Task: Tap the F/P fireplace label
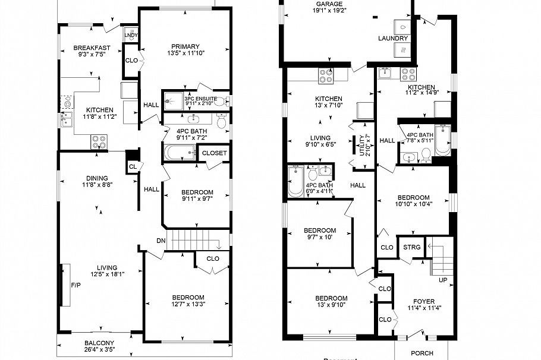coord(76,285)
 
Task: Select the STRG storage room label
coord(411,247)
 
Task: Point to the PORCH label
coord(422,352)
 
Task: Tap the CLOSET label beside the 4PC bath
coord(214,153)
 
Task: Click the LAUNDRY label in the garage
coord(393,39)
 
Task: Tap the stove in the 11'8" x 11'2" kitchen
coord(98,141)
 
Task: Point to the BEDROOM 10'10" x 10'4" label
coord(413,198)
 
